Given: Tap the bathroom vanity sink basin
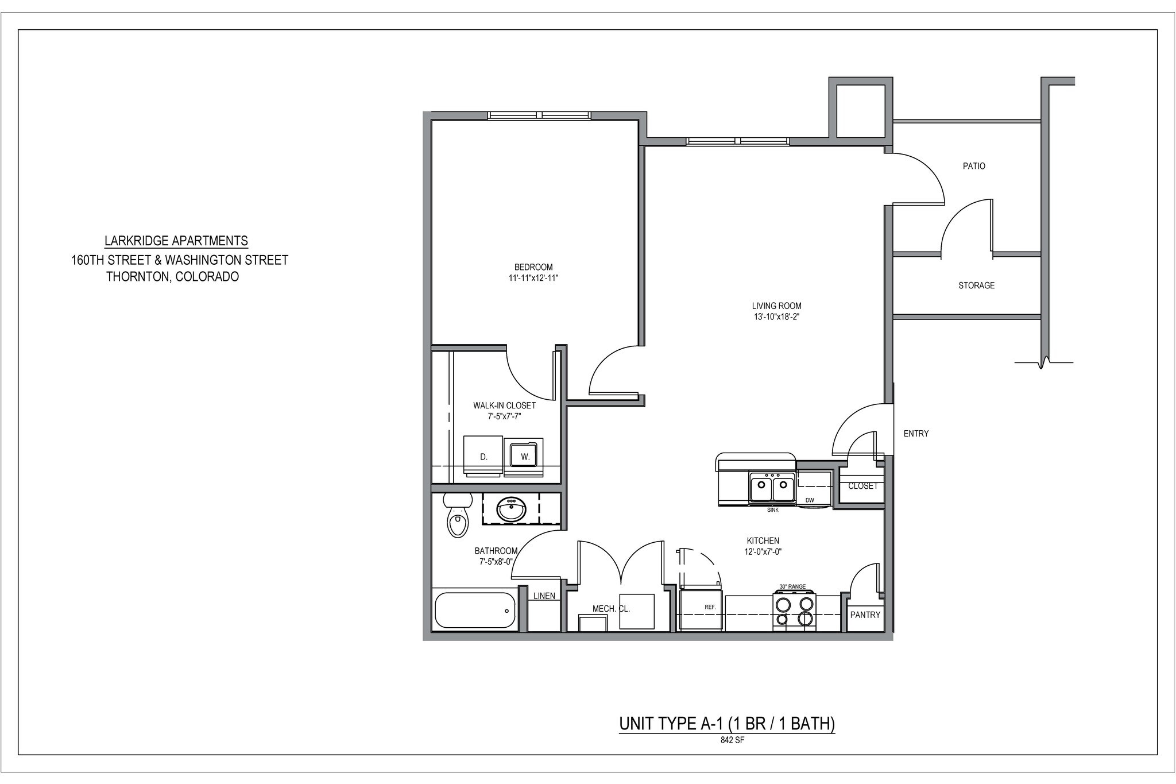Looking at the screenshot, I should [511, 509].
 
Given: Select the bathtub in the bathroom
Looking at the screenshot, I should [475, 610].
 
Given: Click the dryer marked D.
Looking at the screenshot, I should [483, 457].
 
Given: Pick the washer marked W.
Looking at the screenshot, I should [524, 456].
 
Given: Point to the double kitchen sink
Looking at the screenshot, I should [772, 489].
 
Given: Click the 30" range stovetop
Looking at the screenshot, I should [795, 611].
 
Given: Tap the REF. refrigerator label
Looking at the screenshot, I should [709, 607].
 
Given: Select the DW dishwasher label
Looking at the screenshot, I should [810, 500].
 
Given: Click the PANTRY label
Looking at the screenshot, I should [865, 615].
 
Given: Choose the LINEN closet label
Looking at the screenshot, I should [544, 596].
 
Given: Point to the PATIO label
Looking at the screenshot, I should [974, 166].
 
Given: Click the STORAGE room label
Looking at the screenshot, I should [976, 285].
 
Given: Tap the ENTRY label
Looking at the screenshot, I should [916, 434].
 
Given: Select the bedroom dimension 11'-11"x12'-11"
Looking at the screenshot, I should [533, 278].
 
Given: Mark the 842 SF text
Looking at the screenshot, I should [732, 740].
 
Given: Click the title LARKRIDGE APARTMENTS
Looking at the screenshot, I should [176, 241].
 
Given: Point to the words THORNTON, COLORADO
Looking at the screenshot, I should [172, 277].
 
